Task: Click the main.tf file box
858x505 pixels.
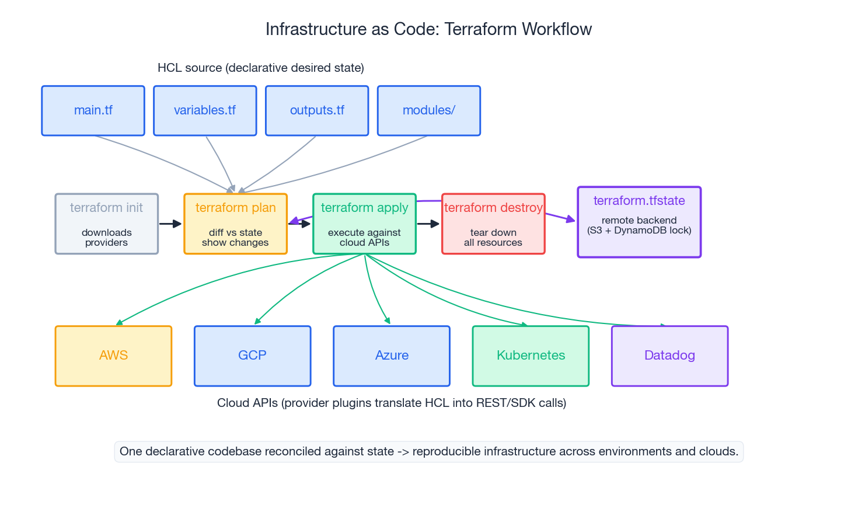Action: pos(93,111)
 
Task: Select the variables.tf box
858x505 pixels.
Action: pos(205,111)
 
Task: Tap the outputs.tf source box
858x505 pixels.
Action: pos(317,111)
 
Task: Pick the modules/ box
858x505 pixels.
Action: pos(429,111)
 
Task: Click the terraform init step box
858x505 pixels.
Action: pos(107,224)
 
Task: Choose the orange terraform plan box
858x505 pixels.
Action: pos(235,224)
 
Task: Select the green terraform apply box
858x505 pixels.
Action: pos(364,224)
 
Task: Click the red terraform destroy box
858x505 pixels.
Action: pos(493,224)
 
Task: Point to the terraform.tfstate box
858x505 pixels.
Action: pos(639,222)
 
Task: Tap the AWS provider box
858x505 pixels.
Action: pos(113,356)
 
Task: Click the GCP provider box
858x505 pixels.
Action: pos(252,356)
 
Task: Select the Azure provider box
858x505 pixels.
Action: pos(392,356)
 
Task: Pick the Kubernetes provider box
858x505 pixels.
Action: pos(531,356)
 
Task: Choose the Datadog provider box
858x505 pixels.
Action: pos(669,356)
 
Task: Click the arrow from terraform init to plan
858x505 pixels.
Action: pos(170,224)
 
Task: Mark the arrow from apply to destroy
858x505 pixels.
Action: pos(428,224)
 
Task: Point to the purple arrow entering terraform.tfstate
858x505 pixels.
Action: pos(560,218)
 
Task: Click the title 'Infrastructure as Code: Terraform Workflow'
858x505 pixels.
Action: pos(428,29)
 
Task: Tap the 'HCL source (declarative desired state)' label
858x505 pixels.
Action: pos(261,68)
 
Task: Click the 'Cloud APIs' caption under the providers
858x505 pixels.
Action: pos(392,403)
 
